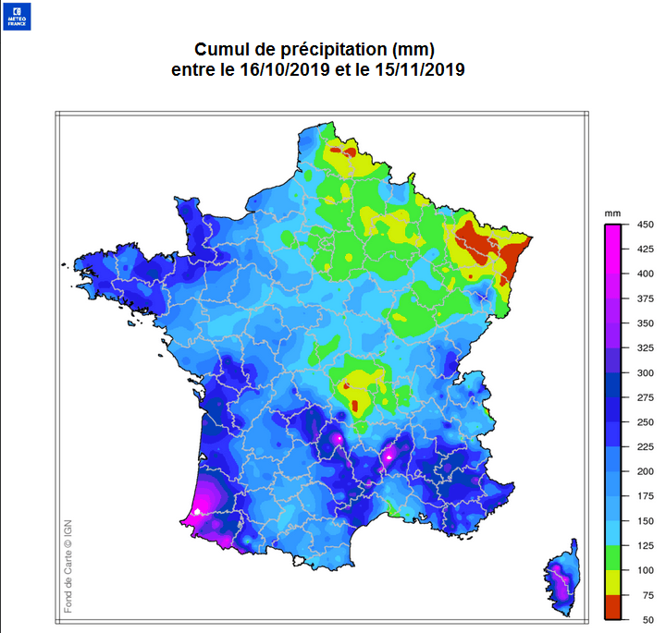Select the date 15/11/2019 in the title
pos(413,69)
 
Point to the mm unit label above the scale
pos(612,213)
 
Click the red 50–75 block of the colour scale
pos(612,608)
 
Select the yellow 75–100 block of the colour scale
pos(612,583)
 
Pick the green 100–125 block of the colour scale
pos(612,558)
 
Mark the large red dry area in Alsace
pos(486,245)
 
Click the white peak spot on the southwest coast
pos(197,510)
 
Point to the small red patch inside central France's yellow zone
pos(345,386)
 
